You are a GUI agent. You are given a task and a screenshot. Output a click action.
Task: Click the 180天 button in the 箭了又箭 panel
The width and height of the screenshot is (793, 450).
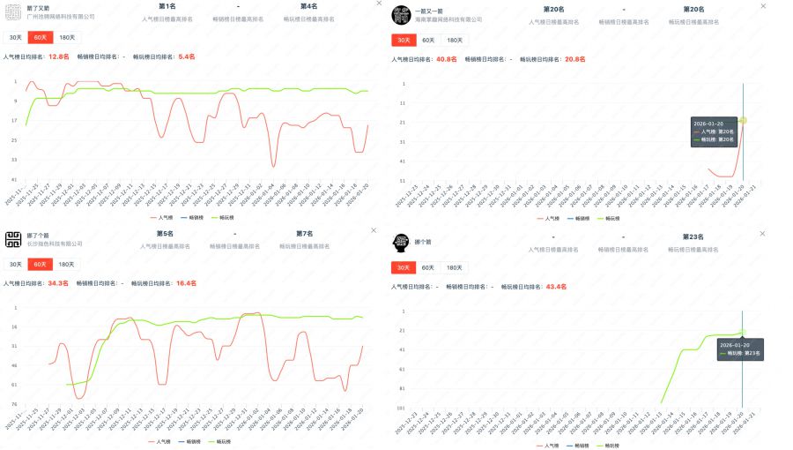click(66, 37)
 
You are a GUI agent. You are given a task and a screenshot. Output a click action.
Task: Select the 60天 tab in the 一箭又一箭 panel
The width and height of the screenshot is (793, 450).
click(428, 40)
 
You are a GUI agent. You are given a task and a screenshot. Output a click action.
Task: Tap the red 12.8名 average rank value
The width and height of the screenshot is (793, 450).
click(58, 56)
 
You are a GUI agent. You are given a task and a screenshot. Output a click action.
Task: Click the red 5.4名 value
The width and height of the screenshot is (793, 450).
click(187, 56)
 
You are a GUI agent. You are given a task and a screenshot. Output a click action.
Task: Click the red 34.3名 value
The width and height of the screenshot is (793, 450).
click(58, 283)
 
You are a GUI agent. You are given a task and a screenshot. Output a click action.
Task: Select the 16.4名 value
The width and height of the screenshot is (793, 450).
click(186, 283)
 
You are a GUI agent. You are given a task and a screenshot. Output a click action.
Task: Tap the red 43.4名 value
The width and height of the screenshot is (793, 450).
click(556, 286)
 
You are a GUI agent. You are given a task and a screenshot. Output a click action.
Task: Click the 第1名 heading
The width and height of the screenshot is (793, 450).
click(167, 6)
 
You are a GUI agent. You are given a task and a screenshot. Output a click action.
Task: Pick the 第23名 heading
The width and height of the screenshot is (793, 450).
click(692, 236)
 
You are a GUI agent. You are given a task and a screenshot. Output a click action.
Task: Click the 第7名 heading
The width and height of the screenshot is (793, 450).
click(304, 234)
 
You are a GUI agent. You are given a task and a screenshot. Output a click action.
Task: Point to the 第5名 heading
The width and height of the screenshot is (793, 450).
click(165, 234)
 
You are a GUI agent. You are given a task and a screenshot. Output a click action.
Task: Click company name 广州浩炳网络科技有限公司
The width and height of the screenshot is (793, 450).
click(61, 17)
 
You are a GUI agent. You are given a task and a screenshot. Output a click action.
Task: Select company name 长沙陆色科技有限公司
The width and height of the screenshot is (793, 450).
click(55, 244)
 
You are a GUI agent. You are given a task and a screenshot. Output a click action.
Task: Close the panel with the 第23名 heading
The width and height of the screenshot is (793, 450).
click(762, 233)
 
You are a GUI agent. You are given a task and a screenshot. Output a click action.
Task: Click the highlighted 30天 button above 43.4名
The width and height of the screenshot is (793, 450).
click(403, 267)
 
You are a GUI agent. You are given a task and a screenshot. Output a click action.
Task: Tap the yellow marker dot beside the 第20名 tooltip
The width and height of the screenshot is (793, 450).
click(743, 120)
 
